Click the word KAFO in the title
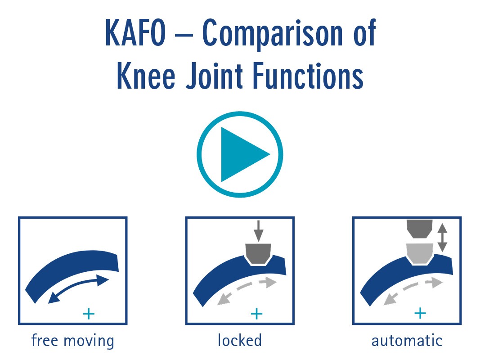click(135, 33)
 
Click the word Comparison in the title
click(272, 34)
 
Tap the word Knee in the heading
click(146, 76)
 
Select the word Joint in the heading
click(215, 76)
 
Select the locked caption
click(240, 340)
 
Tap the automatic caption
click(407, 341)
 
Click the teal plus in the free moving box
click(89, 314)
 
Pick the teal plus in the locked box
click(256, 314)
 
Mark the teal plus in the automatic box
click(420, 313)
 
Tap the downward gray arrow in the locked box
click(258, 231)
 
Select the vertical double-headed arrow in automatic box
click(442, 237)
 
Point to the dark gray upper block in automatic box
click(419, 229)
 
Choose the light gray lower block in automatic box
click(420, 253)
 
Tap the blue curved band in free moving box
click(72, 272)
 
